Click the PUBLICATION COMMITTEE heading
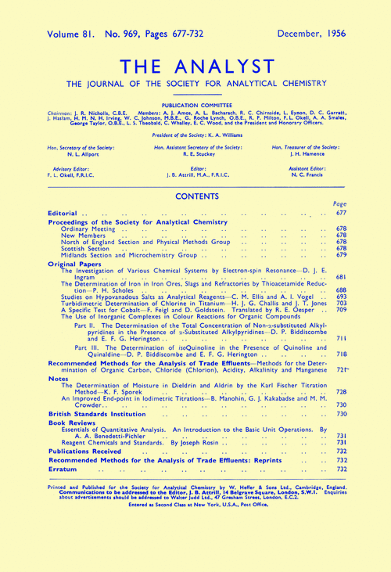[x=195, y=103]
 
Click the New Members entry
[x=82, y=236]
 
